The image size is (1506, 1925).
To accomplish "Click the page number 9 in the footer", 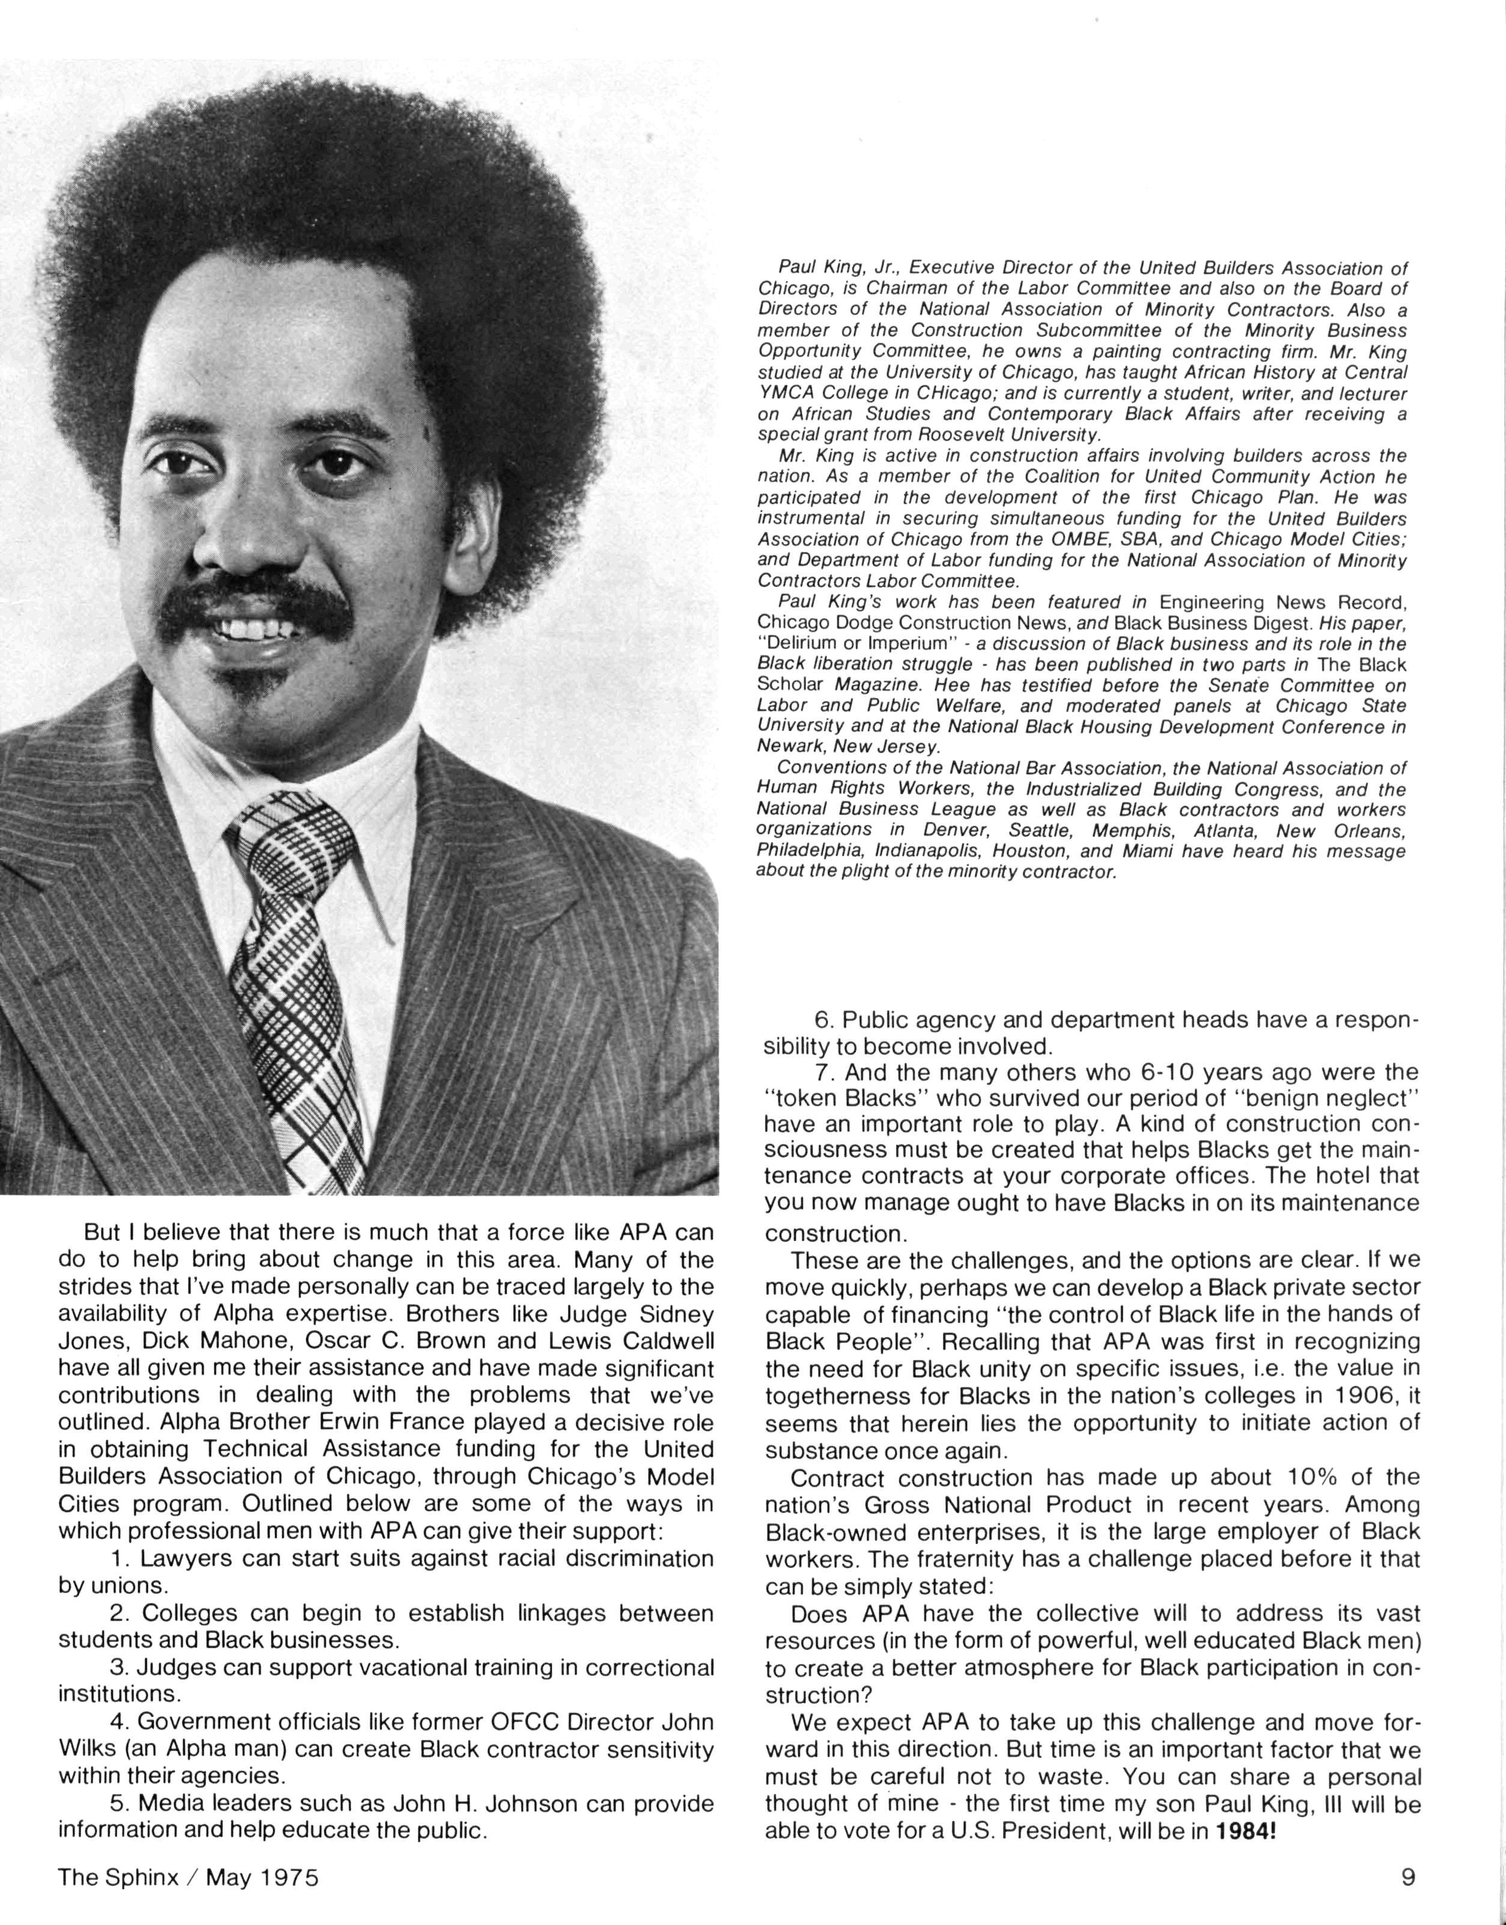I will point(1408,1878).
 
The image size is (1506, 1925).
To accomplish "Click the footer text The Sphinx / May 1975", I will point(188,1878).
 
